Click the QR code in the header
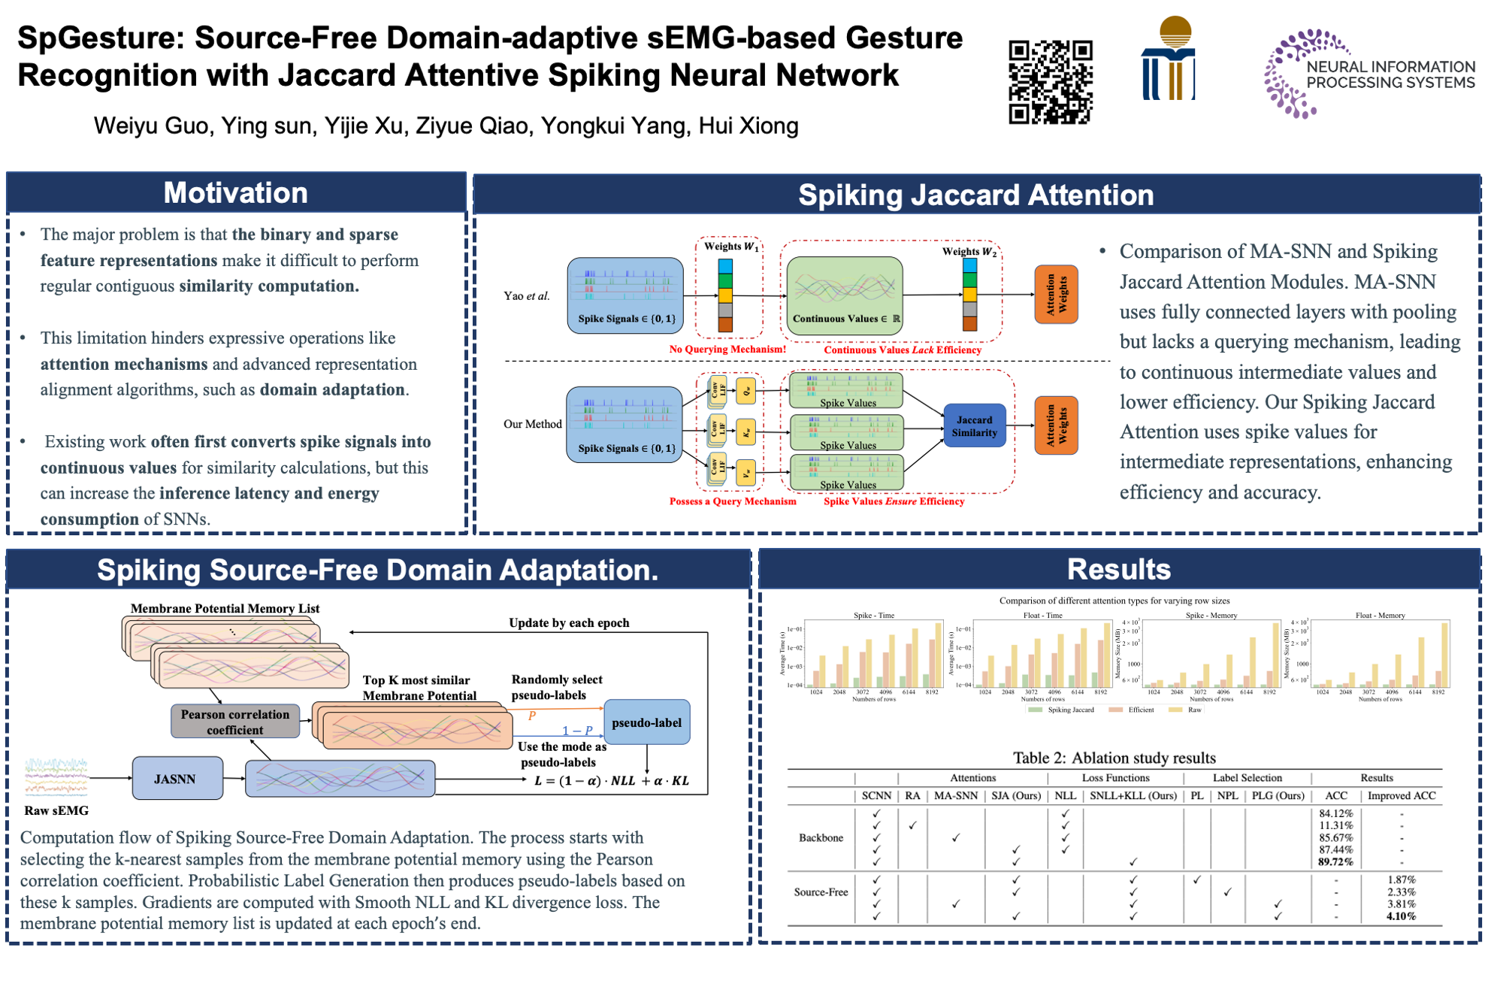coord(1050,82)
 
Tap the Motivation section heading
coord(235,193)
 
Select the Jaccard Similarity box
coord(974,426)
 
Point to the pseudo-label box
coord(646,722)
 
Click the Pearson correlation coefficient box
coord(235,722)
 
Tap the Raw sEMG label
coord(56,810)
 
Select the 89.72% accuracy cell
coord(1335,861)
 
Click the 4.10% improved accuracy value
coord(1401,916)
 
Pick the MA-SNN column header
coord(955,796)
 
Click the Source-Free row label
coord(821,892)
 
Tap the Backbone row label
coord(821,837)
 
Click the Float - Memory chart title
coord(1380,616)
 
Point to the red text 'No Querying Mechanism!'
coord(727,349)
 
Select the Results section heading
coord(1118,570)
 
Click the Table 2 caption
coord(1114,758)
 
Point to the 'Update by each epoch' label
coord(569,622)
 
